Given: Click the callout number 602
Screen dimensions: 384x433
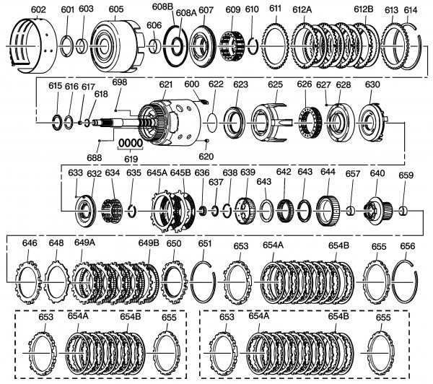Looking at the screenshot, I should [x=38, y=9].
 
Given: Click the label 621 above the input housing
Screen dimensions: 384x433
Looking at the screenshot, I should [x=166, y=84].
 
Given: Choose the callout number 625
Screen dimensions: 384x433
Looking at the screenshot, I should [x=274, y=84].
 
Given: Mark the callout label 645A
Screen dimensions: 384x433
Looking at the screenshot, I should [x=157, y=173].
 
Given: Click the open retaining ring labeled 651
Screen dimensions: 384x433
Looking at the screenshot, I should [x=205, y=281].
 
